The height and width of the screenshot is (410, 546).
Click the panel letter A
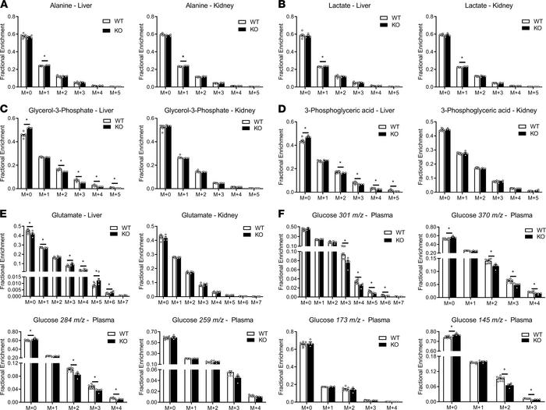tap(5, 5)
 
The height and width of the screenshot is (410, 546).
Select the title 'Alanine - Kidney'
tap(193, 6)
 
